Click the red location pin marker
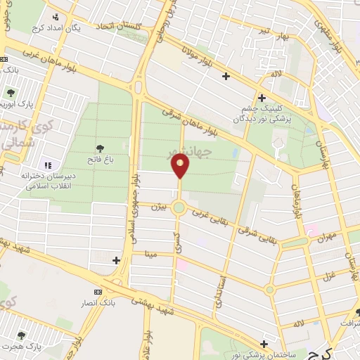[181, 167]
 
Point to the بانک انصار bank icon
[98, 292]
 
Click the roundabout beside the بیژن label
[180, 207]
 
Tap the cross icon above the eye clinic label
[262, 98]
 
